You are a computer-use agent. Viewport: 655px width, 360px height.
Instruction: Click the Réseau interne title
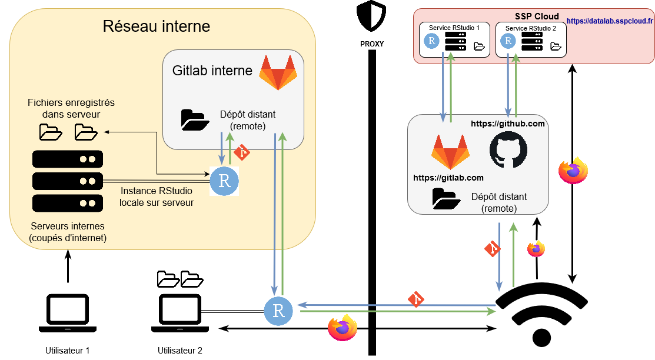click(156, 26)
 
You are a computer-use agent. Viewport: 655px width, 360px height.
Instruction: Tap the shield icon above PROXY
click(371, 17)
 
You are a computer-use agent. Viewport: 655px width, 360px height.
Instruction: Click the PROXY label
click(372, 44)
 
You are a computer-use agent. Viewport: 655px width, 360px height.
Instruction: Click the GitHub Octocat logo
click(508, 150)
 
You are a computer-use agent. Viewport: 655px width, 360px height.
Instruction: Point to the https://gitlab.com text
click(448, 178)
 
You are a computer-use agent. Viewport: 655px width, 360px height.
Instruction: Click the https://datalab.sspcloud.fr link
click(610, 21)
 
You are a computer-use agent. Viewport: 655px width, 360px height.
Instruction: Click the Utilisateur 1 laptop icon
click(68, 312)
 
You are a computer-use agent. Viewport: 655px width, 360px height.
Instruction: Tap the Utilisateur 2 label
click(180, 351)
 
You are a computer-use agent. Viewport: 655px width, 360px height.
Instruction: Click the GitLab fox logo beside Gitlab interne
click(278, 72)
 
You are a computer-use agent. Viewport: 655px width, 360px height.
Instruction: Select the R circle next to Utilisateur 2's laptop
click(279, 311)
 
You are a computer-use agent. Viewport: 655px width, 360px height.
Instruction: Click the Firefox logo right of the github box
click(573, 171)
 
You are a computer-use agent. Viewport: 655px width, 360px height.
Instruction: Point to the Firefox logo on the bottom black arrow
click(343, 328)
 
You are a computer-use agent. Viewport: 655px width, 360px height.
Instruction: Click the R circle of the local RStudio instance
click(224, 181)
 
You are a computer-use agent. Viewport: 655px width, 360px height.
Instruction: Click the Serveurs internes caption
click(68, 232)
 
